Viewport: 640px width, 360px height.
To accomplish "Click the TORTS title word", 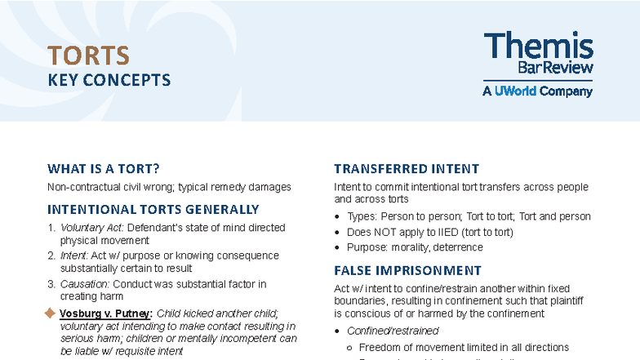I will pos(88,55).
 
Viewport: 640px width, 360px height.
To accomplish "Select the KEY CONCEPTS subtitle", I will pos(109,80).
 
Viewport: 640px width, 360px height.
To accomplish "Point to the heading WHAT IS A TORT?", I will pos(103,169).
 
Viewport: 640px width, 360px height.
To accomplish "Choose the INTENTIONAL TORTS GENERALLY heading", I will pos(153,209).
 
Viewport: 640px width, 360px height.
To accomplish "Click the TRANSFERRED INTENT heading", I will pos(407,169).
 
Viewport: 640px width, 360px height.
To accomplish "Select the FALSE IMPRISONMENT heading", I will pos(407,270).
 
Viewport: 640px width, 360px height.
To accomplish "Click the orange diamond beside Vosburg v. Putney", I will pos(49,313).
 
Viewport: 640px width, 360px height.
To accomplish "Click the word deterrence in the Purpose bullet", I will pos(458,247).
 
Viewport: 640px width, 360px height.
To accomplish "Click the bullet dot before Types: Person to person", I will pos(338,217).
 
